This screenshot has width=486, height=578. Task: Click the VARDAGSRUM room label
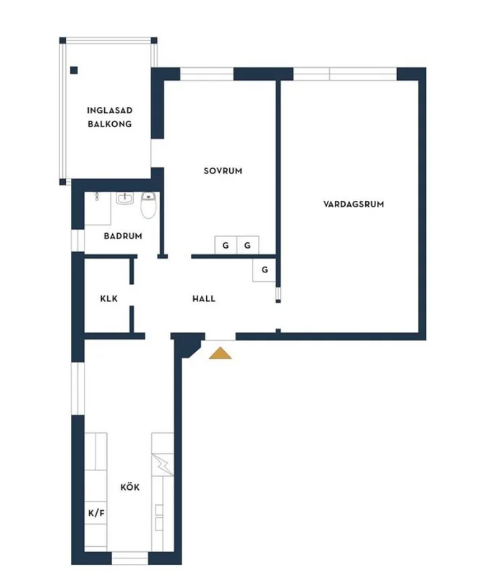[354, 204]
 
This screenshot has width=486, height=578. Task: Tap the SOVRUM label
[222, 171]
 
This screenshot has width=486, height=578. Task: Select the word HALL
[203, 298]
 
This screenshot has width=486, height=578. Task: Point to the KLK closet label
[108, 298]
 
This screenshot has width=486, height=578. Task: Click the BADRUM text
[122, 236]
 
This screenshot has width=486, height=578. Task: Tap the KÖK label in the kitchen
[130, 487]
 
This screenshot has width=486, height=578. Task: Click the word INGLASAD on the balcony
[109, 111]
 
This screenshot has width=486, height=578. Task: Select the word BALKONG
[109, 124]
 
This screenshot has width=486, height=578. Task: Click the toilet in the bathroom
[149, 207]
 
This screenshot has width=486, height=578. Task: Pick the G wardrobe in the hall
[265, 269]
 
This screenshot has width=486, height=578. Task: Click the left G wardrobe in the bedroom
[226, 246]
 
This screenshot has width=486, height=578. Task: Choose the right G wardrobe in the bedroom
[248, 246]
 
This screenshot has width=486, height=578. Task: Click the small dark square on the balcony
[74, 70]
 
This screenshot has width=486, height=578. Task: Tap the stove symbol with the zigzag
[163, 462]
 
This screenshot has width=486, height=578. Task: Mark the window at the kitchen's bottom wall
[129, 558]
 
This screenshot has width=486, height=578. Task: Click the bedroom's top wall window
[206, 73]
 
